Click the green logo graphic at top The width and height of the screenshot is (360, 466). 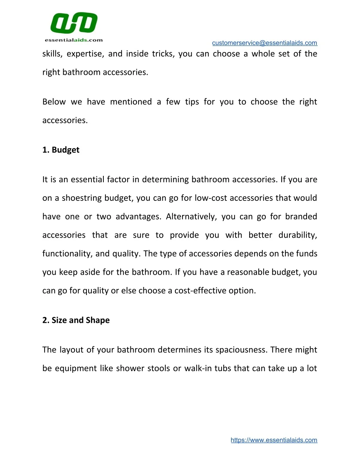coord(74,23)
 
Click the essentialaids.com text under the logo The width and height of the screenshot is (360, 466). coord(74,40)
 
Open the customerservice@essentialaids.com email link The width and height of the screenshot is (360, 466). coord(264,43)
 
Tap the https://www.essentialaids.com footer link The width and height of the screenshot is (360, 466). coord(274,440)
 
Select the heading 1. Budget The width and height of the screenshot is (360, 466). coord(61,150)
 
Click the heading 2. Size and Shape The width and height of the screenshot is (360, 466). coord(76,320)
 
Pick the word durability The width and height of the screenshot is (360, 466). coord(297,235)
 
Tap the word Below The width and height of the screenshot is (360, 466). coord(54,102)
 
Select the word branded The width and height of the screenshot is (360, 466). coord(301,217)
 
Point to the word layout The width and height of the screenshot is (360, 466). coord(72,350)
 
